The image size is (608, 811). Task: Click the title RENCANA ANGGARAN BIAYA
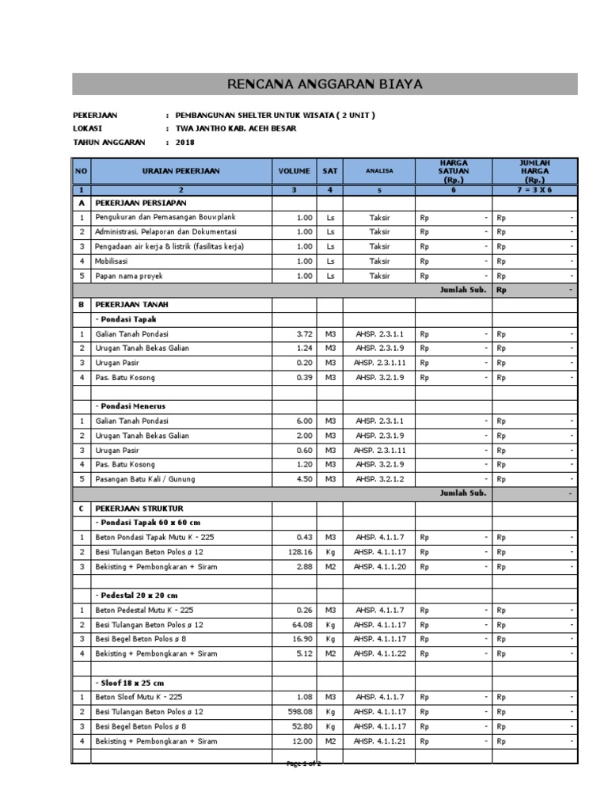pos(325,84)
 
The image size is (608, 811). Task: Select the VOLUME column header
pos(294,170)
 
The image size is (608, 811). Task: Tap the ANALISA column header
pos(379,170)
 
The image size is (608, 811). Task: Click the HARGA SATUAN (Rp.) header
pos(454,170)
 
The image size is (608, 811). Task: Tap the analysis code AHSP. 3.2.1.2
pos(380,479)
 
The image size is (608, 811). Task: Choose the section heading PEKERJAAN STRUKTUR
pos(139,508)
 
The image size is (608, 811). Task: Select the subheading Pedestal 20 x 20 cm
pos(136,596)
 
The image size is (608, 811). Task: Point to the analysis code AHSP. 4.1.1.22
pos(380,653)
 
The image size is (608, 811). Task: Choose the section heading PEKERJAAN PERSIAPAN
pos(141,202)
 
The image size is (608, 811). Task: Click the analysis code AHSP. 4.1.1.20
pos(380,566)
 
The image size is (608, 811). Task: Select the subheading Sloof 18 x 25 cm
pos(132,683)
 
